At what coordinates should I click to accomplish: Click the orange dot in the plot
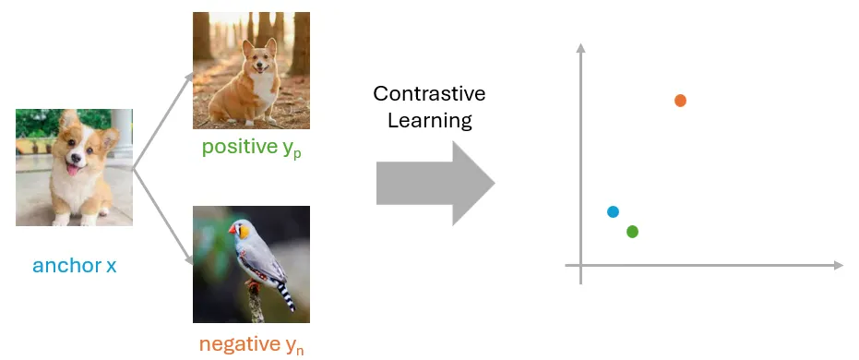680,100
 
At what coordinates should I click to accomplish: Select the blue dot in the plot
613,211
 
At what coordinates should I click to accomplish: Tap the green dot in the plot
632,231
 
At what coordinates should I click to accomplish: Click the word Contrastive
429,94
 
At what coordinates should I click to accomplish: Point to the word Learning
429,121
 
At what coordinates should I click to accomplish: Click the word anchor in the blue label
66,266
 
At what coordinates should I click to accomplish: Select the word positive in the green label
238,147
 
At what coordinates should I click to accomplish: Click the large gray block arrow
435,183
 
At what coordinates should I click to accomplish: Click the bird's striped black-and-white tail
285,294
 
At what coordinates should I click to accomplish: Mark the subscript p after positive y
297,153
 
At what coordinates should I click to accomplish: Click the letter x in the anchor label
112,266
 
